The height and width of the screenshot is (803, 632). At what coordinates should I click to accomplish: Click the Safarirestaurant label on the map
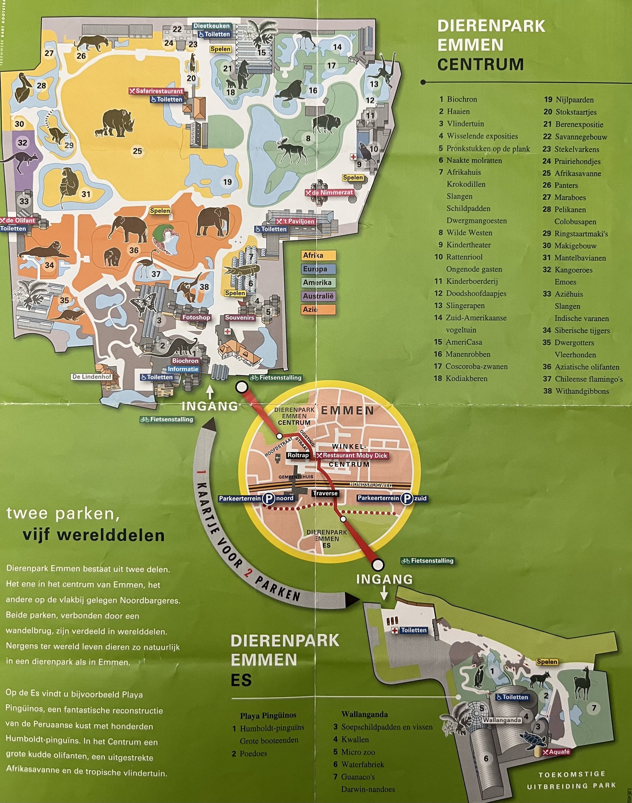tap(156, 91)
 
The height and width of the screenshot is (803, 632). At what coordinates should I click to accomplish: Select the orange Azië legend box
tap(318, 309)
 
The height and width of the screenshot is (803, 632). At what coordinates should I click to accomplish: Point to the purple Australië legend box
tap(318, 296)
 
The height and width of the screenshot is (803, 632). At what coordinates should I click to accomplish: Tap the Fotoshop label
tap(196, 317)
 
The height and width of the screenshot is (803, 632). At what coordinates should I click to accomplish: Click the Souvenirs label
tap(240, 317)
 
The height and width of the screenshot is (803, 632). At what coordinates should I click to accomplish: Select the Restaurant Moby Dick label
tap(352, 455)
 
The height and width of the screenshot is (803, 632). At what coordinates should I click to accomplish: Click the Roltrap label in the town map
tap(298, 455)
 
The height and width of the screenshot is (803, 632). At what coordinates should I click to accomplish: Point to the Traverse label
tap(325, 493)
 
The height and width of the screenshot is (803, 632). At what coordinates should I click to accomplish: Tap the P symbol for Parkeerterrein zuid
tap(407, 498)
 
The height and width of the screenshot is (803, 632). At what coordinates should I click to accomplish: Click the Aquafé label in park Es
tap(556, 752)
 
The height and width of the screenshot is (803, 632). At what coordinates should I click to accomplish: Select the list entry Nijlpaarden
tap(574, 100)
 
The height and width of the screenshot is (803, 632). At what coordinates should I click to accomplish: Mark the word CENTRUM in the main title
tap(480, 64)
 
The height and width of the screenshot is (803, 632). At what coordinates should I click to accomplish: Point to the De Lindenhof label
tap(92, 377)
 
